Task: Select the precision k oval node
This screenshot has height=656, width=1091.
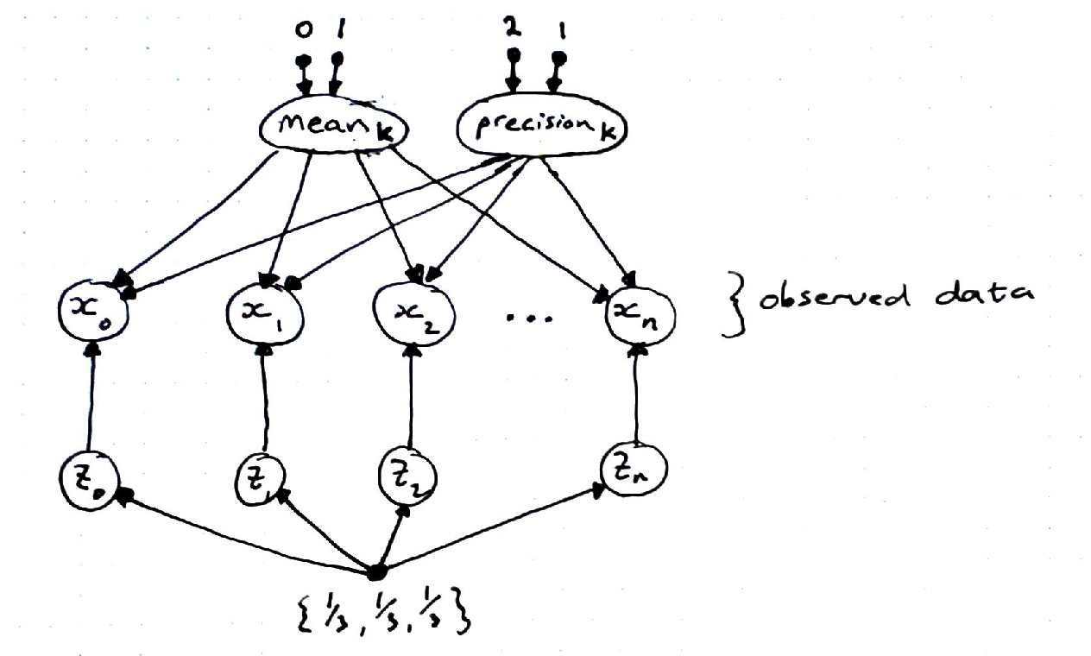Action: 539,132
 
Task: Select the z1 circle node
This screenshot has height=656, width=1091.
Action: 260,479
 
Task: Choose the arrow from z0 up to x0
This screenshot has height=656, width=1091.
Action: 89,397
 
